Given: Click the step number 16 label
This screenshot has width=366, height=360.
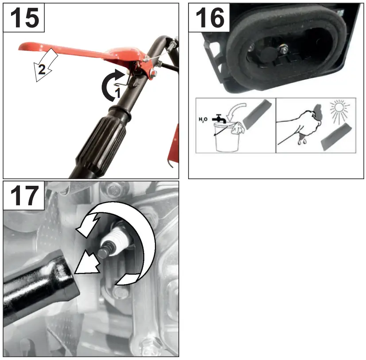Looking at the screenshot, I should click(x=209, y=18).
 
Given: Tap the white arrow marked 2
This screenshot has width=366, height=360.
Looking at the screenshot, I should click(x=44, y=67).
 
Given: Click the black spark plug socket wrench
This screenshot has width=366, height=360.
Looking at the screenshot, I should click(x=40, y=283).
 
